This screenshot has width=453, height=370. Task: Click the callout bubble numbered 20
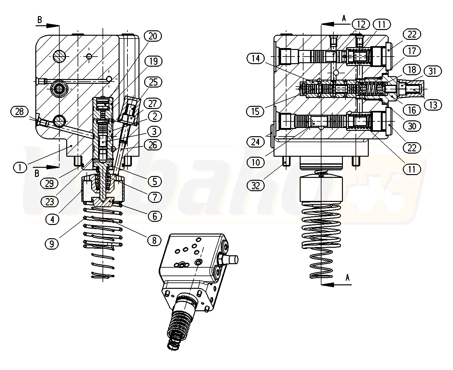[x=153, y=36]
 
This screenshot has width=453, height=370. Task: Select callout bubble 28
[x=19, y=111]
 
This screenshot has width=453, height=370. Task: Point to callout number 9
[x=52, y=244]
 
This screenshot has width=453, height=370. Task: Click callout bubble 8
[x=154, y=240]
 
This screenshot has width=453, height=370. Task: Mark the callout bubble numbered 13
[x=433, y=105]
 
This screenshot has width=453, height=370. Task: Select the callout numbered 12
[x=361, y=24]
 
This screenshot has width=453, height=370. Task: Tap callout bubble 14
[x=256, y=58]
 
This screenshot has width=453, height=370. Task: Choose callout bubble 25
[x=153, y=82]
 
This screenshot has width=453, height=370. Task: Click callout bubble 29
[x=49, y=183]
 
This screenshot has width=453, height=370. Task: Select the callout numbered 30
[x=412, y=126]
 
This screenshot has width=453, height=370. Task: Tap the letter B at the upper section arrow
[x=39, y=20]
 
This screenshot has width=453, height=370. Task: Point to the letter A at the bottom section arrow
[x=348, y=277]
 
